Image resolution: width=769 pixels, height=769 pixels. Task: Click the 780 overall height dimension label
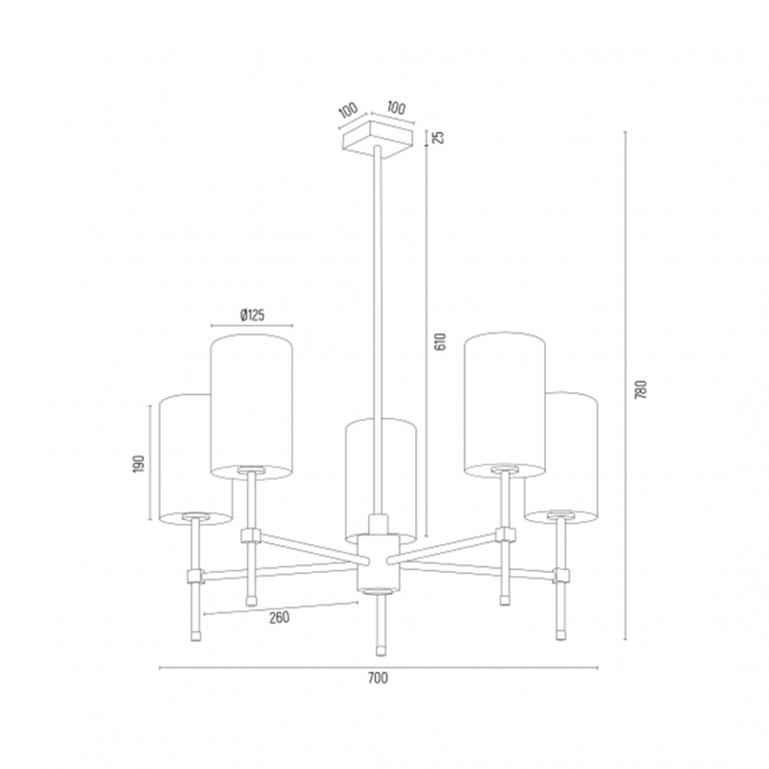(641, 389)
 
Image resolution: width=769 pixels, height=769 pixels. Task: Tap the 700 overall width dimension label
(378, 678)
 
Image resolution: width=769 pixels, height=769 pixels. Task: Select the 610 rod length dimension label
(440, 342)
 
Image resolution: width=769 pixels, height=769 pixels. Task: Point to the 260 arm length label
(279, 617)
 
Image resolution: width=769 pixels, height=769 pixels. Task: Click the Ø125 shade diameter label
(253, 315)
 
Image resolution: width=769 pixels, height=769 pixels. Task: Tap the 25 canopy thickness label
(439, 137)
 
